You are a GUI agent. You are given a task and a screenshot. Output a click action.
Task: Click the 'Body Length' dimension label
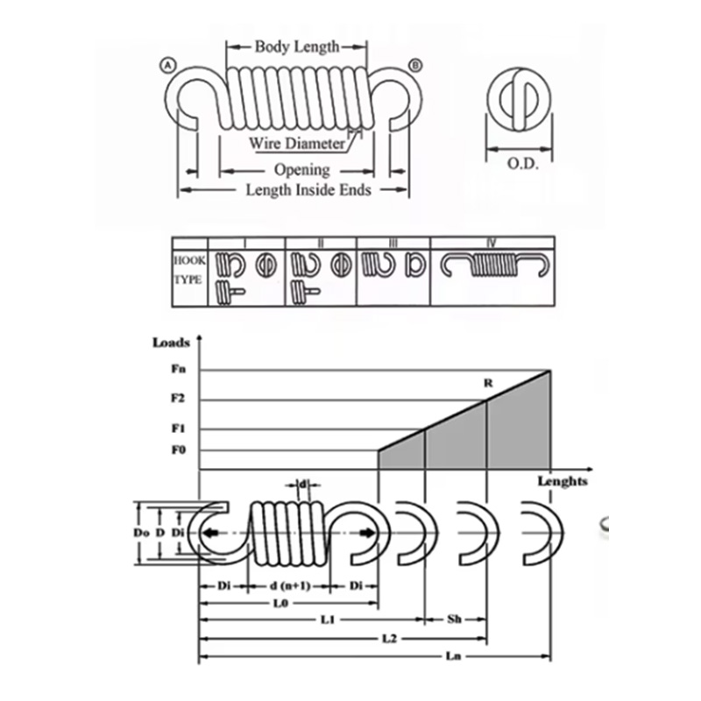pyautogui.click(x=296, y=46)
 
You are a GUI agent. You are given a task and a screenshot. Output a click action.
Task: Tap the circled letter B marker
pyautogui.click(x=415, y=64)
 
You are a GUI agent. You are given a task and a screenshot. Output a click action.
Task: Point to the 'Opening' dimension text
pyautogui.click(x=301, y=169)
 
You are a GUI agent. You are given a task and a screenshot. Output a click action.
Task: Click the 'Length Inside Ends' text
pyautogui.click(x=308, y=189)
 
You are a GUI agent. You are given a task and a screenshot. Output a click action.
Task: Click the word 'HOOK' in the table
pyautogui.click(x=189, y=261)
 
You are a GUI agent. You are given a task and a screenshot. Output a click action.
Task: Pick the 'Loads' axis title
pyautogui.click(x=171, y=343)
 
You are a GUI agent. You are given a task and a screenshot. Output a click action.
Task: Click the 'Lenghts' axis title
pyautogui.click(x=562, y=481)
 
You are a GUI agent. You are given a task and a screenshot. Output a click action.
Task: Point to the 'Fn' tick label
pyautogui.click(x=178, y=370)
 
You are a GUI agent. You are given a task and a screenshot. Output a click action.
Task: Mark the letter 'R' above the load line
pyautogui.click(x=488, y=384)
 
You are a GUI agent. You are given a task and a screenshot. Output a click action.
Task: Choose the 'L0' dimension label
pyautogui.click(x=280, y=604)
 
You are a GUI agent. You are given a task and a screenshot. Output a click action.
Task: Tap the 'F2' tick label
pyautogui.click(x=178, y=400)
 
